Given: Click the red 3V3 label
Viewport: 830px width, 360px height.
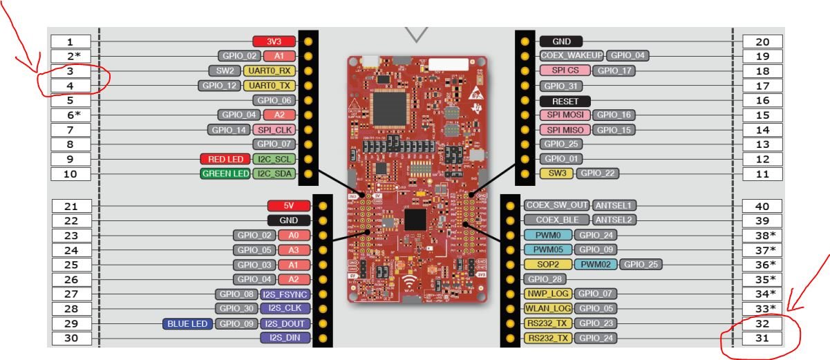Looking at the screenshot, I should coord(274,41).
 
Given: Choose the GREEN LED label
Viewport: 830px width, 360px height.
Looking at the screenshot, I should coord(225,173).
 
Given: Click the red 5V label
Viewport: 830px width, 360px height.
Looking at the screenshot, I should coord(288,205).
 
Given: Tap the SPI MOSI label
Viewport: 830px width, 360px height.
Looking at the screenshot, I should coord(564,115).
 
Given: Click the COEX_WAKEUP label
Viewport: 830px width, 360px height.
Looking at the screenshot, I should coord(572,55).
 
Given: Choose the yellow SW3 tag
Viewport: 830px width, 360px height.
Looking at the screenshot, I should coord(556,173).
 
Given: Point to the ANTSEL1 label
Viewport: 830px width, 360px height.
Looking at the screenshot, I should coord(615,205).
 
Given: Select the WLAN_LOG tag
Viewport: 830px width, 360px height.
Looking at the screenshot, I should coord(547,308).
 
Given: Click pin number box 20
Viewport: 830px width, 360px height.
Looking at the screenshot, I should coord(763,41).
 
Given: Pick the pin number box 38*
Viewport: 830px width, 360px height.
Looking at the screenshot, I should coord(763,235).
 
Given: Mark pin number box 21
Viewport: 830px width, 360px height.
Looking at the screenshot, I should coord(70,206).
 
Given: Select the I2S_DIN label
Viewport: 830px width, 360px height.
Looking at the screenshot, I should coord(285,338).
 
